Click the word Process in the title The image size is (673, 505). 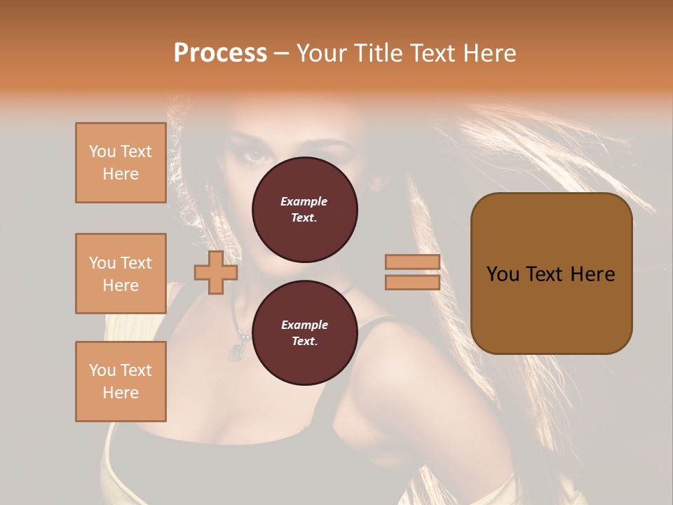220,53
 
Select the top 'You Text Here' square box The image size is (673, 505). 121,163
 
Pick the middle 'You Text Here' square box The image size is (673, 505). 121,274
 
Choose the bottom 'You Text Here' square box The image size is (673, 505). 121,382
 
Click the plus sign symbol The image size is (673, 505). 216,271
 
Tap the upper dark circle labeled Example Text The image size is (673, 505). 304,210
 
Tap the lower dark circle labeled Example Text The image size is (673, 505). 304,333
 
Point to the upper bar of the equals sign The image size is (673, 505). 412,262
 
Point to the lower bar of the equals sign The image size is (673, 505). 412,282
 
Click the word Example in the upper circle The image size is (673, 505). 304,201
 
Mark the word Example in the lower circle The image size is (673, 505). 304,325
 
